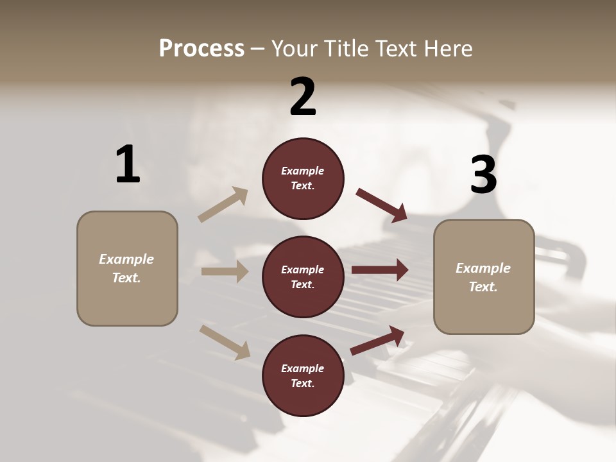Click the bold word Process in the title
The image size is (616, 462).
[201, 49]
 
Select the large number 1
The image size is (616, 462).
[128, 165]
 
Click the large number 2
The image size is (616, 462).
[303, 97]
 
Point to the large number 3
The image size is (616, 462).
[483, 175]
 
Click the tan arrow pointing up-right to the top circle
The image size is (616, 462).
[223, 205]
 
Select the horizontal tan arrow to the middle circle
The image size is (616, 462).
[225, 271]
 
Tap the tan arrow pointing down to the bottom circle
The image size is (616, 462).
[225, 341]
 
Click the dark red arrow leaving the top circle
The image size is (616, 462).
[382, 205]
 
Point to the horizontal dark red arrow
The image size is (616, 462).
[379, 270]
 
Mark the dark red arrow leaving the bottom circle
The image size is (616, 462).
[377, 341]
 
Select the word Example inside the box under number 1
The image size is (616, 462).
[126, 259]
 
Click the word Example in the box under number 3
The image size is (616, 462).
[483, 268]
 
